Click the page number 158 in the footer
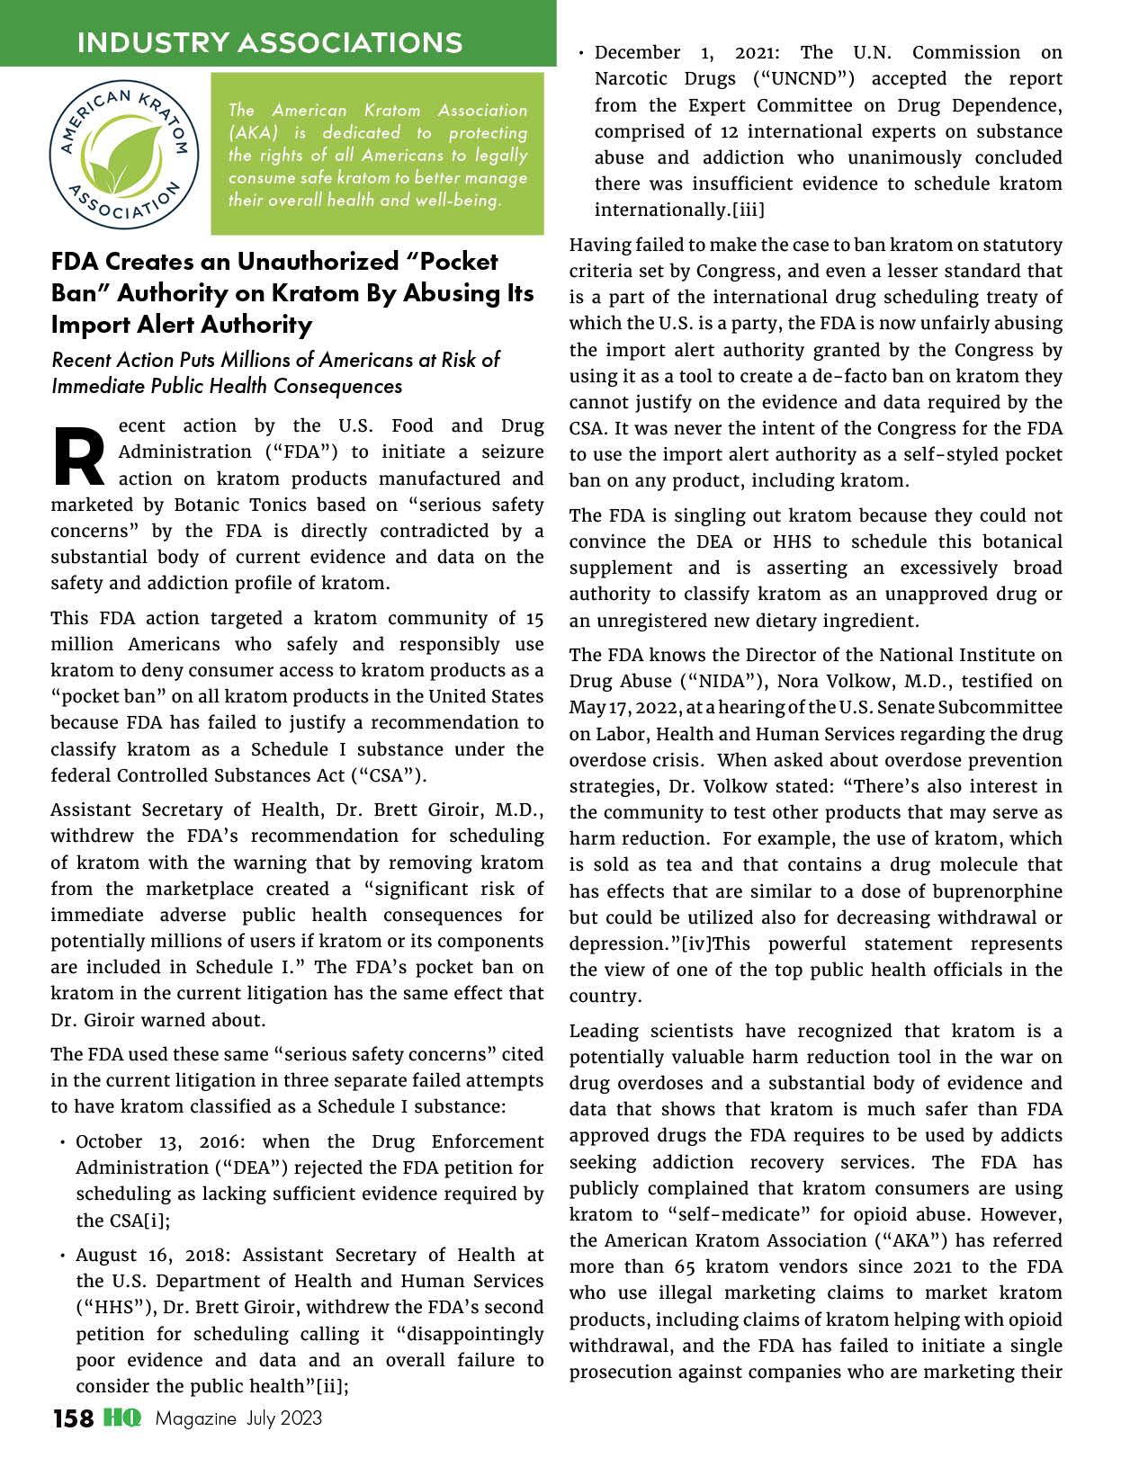pyautogui.click(x=73, y=1418)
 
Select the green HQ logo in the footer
pyautogui.click(x=122, y=1418)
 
